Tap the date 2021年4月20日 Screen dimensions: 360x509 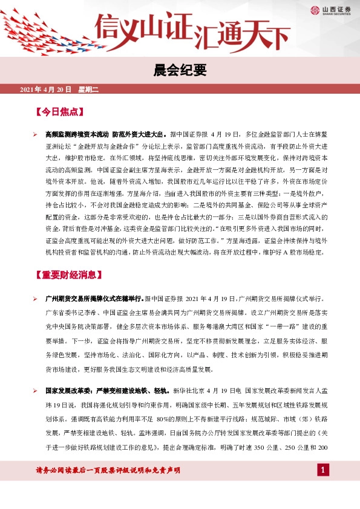pos(45,89)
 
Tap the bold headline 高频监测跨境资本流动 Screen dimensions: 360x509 pos(77,134)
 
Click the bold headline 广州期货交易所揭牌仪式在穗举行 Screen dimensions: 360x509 pos(94,299)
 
